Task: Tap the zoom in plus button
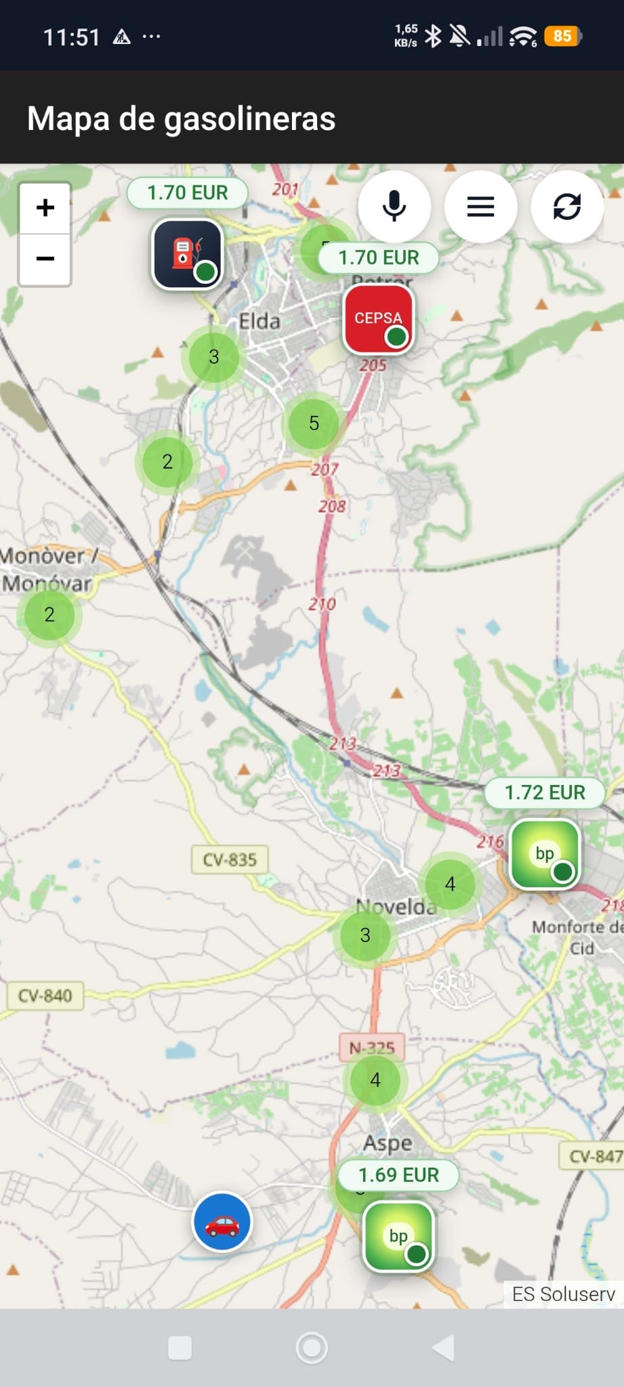(45, 208)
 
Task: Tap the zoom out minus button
(45, 259)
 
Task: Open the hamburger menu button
(480, 207)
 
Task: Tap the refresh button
(566, 207)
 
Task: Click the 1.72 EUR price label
(545, 792)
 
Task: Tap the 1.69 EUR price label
(398, 1174)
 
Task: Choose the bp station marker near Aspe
(398, 1237)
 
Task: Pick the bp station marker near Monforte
(545, 854)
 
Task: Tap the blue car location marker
(222, 1222)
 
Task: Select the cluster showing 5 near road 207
(314, 423)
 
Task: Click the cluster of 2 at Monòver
(49, 614)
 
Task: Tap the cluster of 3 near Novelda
(365, 935)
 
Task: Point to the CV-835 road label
(230, 859)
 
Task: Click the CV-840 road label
(45, 996)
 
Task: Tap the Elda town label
(259, 321)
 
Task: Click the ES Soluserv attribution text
(563, 1294)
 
